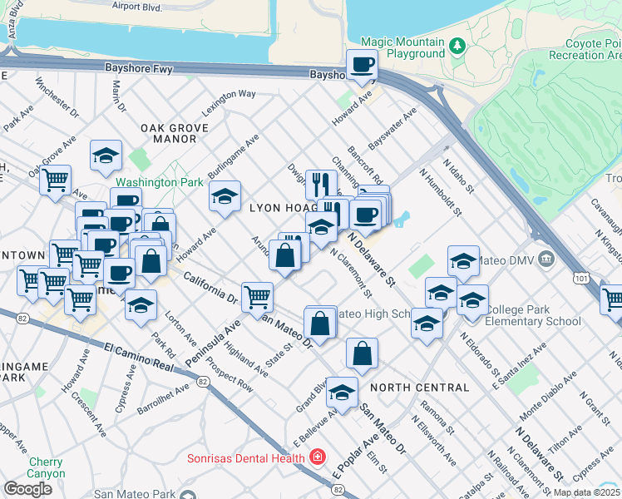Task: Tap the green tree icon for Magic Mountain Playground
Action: click(x=457, y=44)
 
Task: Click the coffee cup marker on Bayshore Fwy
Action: click(x=363, y=66)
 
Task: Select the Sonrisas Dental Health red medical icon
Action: click(x=317, y=457)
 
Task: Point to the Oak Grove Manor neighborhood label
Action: click(x=169, y=134)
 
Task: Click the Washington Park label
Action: click(x=159, y=181)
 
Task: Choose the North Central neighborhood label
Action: click(x=420, y=388)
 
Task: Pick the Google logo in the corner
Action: click(x=27, y=489)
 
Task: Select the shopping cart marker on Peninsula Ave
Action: click(x=257, y=296)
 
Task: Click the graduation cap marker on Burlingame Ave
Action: click(x=224, y=196)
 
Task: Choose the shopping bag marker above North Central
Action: click(x=362, y=353)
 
